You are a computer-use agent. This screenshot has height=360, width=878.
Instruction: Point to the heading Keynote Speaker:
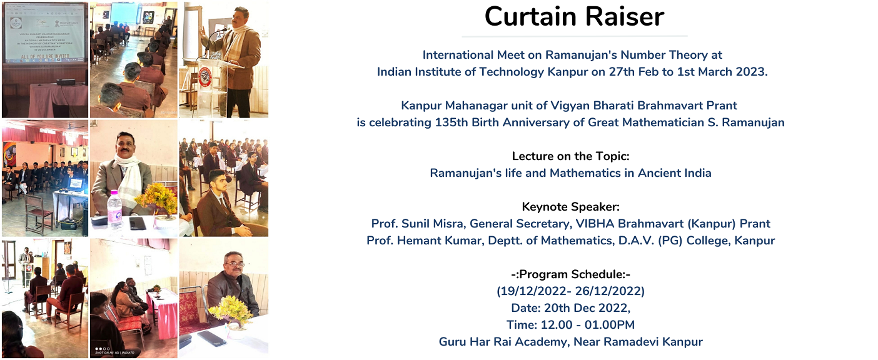pyautogui.click(x=571, y=206)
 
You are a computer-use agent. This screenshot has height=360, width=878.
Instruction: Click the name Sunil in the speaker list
pyautogui.click(x=415, y=223)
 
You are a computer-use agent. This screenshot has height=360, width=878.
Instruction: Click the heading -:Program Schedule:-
pyautogui.click(x=571, y=274)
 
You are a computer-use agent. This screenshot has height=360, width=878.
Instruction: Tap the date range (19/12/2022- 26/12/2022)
pyautogui.click(x=571, y=291)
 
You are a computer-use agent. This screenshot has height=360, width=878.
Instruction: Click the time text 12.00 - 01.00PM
pyautogui.click(x=588, y=325)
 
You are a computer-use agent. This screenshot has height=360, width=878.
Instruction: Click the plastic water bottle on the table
pyautogui.click(x=114, y=209)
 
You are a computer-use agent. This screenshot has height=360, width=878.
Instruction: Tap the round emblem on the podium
pyautogui.click(x=204, y=77)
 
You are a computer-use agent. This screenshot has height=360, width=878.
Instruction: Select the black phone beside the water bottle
pyautogui.click(x=138, y=223)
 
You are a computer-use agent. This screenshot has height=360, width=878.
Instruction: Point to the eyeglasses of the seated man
pyautogui.click(x=234, y=264)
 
